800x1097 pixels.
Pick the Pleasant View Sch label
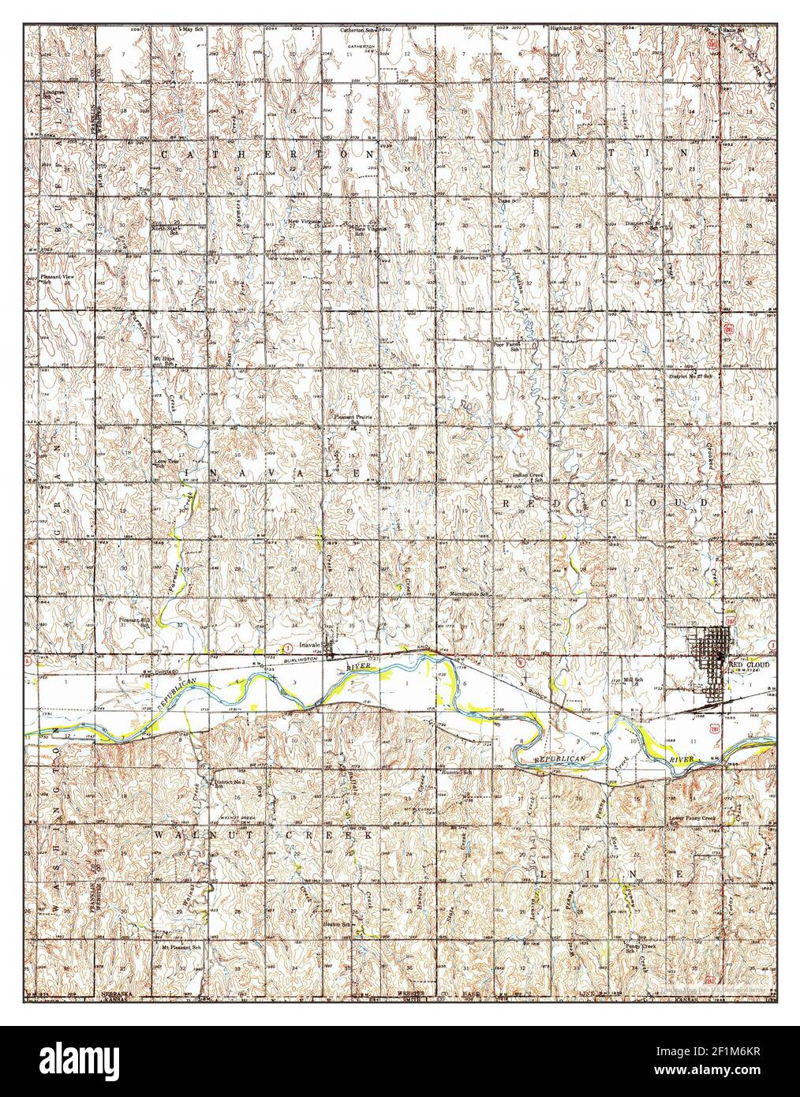(57, 279)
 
